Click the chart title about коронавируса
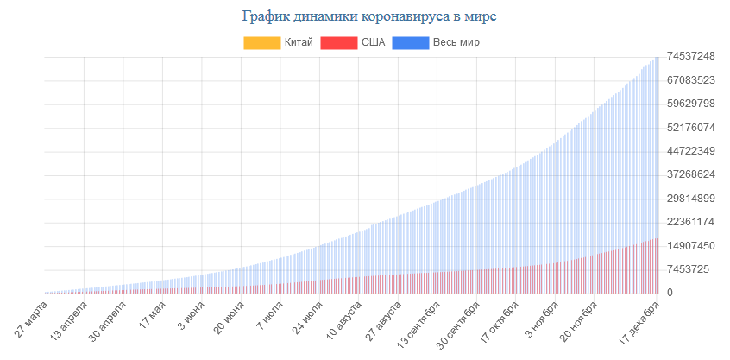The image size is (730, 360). click(365, 16)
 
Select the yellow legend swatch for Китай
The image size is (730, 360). click(261, 42)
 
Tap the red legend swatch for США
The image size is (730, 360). click(338, 42)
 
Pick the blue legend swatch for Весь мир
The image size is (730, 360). click(410, 42)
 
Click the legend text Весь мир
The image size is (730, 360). click(456, 42)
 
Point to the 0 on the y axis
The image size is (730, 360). click(669, 293)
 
